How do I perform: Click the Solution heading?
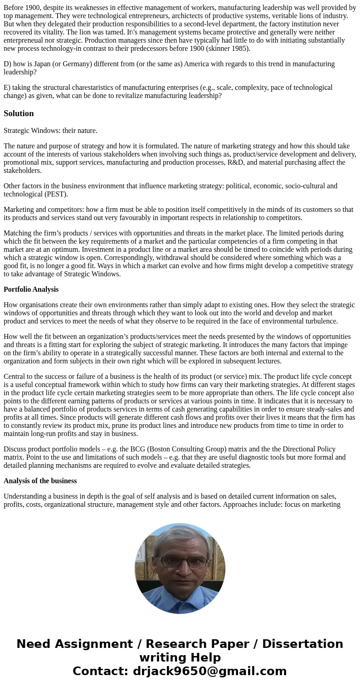[x=19, y=113]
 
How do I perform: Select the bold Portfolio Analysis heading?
[x=31, y=289]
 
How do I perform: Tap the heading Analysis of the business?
[x=40, y=481]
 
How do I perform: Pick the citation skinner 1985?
[x=227, y=49]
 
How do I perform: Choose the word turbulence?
[x=321, y=321]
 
